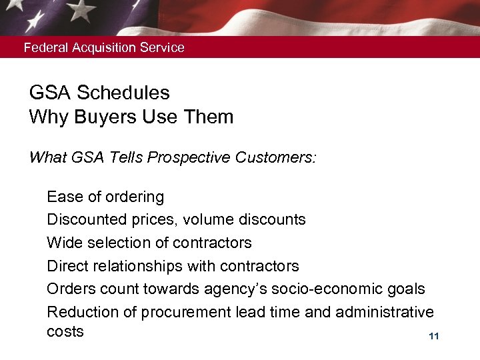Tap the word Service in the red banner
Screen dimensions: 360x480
164,48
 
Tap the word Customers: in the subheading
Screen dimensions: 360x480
279,159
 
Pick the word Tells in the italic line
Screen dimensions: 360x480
125,159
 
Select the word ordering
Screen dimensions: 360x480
134,197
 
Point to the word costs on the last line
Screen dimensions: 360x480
65,332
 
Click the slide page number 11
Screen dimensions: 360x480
434,337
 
